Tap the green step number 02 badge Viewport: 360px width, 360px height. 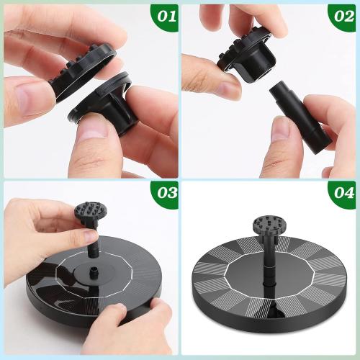(341, 16)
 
